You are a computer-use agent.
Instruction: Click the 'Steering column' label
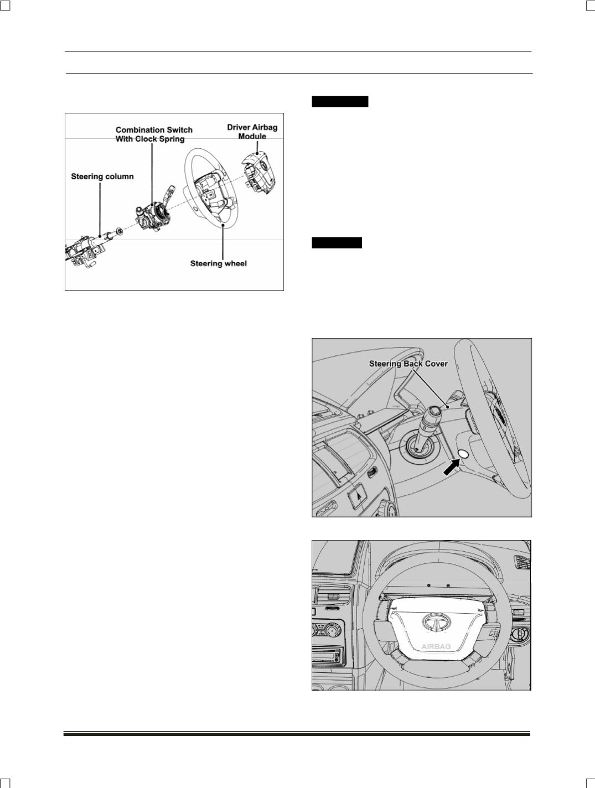click(102, 177)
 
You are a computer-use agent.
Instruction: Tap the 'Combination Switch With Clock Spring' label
click(154, 134)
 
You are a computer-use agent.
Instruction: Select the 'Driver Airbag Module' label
click(252, 132)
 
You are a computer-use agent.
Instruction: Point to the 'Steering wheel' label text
click(218, 263)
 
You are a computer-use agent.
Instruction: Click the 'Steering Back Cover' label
click(408, 364)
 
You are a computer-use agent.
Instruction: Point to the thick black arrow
click(452, 468)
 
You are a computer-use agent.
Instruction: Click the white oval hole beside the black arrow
click(464, 454)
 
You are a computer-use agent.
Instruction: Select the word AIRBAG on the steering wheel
click(436, 646)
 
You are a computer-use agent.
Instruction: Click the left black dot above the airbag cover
click(429, 585)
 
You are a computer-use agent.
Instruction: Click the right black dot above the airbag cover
click(448, 585)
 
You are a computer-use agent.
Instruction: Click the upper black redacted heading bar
click(340, 102)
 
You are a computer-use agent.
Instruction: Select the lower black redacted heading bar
click(337, 243)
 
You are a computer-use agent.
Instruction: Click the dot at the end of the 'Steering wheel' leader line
click(223, 225)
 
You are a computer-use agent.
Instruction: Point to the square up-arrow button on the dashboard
click(358, 496)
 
